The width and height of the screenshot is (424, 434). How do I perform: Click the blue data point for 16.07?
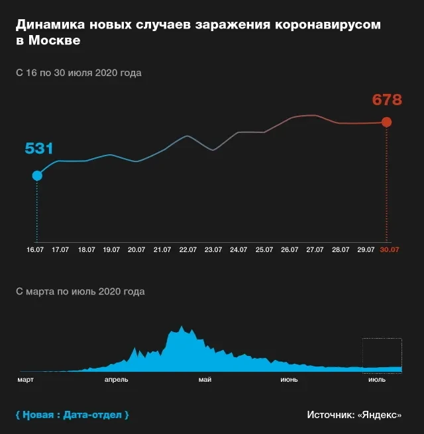(x=37, y=175)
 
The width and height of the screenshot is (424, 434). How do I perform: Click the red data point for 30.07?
(x=387, y=122)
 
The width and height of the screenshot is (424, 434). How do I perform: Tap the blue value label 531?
(x=38, y=149)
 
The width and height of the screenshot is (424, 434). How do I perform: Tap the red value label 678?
(x=387, y=101)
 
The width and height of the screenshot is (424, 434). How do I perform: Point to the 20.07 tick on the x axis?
(x=136, y=250)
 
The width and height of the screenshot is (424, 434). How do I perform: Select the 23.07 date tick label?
(x=213, y=250)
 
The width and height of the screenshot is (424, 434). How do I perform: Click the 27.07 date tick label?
(x=315, y=250)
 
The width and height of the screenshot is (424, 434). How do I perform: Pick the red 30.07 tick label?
(x=390, y=250)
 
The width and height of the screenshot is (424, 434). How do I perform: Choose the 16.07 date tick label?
(x=35, y=250)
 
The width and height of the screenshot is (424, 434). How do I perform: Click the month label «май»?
(x=204, y=380)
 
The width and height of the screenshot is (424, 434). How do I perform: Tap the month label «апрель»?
(x=117, y=380)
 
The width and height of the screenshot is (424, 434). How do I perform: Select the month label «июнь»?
(x=289, y=380)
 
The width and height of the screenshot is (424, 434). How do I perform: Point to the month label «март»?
(x=26, y=380)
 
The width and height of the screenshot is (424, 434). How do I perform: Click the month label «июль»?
(x=376, y=380)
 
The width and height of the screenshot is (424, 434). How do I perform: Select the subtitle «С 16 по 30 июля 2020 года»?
(x=78, y=73)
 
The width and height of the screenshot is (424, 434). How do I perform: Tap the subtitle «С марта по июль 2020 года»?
(x=79, y=291)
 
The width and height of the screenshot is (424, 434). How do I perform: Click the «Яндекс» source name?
(x=379, y=415)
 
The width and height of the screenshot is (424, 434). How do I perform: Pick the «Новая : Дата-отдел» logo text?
(x=72, y=415)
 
